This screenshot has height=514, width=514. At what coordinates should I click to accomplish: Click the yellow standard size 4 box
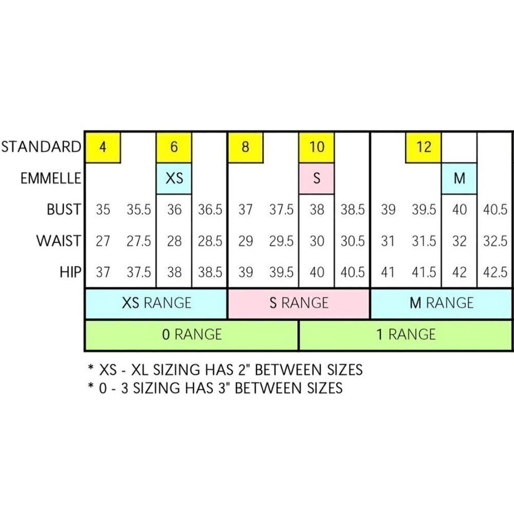click(103, 147)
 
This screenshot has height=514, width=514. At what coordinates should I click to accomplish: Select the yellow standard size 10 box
click(317, 147)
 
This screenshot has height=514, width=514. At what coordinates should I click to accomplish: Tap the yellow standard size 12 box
click(424, 147)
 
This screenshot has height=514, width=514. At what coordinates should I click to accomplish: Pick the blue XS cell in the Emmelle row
click(174, 178)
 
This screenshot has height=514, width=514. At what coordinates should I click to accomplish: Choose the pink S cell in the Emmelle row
click(317, 178)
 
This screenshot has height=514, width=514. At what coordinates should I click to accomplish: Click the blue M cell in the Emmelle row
click(459, 178)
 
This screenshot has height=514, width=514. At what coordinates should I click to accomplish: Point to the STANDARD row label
click(41, 146)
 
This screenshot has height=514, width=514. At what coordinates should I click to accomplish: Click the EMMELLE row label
click(51, 178)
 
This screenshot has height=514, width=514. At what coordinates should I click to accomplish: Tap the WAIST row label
click(59, 241)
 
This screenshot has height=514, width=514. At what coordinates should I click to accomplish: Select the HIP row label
click(70, 272)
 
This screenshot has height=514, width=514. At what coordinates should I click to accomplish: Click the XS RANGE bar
click(156, 303)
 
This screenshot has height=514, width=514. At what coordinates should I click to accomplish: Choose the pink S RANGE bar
click(299, 303)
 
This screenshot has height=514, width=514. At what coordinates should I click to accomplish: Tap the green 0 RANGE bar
click(192, 335)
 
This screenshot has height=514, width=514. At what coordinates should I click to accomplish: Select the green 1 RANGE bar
click(406, 335)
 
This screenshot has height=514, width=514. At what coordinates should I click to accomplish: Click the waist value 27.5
click(139, 241)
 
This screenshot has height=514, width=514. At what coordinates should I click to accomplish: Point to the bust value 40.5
click(495, 210)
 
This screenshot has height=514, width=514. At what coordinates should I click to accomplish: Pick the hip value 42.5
click(495, 272)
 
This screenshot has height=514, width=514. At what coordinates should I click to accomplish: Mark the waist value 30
click(317, 241)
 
